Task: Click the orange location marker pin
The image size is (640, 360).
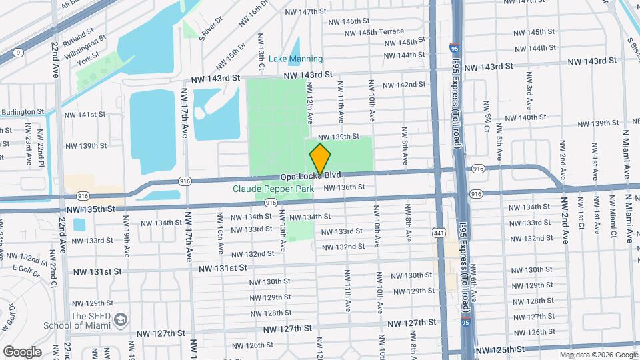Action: point(320,160)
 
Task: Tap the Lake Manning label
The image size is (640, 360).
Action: point(295,59)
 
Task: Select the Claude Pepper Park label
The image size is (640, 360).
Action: point(273,189)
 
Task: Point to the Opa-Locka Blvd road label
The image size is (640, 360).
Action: point(310,175)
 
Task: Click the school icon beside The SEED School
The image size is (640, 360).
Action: point(120,321)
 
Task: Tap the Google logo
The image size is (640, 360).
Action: point(22,351)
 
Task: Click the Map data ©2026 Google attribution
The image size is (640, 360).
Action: point(598,355)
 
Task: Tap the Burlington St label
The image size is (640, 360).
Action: point(22,112)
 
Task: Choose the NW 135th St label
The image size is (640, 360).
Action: point(91,209)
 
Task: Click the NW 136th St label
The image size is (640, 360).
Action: point(344,187)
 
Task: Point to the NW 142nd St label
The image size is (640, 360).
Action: point(404,85)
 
